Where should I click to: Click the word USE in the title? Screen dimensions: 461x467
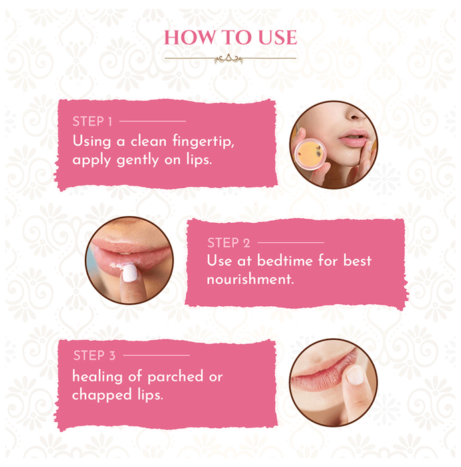278,37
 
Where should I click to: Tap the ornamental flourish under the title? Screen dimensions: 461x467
228,59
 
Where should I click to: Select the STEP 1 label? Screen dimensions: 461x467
92,121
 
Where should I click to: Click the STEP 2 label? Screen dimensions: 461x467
228,243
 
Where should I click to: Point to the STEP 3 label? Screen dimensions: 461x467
94,356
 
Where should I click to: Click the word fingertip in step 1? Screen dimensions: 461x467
203,141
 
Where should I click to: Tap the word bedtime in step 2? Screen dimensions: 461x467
285,261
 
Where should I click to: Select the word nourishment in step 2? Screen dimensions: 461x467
250,280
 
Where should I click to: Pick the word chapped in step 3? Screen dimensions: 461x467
102,396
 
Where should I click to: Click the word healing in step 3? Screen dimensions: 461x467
98,377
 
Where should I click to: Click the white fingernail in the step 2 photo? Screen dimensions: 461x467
130,273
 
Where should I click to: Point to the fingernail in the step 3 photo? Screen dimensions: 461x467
355,375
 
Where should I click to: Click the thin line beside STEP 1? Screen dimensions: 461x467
152,121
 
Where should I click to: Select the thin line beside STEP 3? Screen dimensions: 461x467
156,356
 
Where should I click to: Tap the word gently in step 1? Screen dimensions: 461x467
138,161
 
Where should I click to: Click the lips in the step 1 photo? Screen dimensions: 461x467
353,138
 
